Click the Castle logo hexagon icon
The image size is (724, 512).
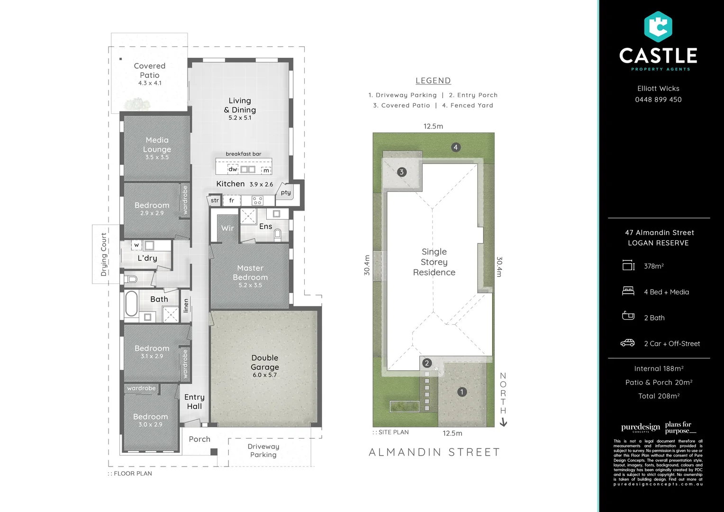click(658, 27)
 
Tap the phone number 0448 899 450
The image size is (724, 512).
click(658, 100)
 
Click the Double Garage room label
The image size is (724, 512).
click(265, 363)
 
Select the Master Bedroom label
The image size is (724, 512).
click(250, 273)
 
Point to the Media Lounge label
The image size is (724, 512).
click(157, 145)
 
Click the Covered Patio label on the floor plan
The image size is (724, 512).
click(150, 71)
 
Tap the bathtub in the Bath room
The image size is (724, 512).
click(131, 303)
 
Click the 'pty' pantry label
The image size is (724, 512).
click(286, 192)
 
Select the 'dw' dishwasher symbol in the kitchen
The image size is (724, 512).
click(233, 169)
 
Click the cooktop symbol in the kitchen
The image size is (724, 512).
click(257, 201)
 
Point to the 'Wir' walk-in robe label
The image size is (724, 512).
click(227, 228)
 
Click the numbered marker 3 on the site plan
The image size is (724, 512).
click(402, 172)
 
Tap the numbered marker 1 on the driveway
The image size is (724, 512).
click(462, 392)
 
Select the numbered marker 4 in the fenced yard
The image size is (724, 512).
click(455, 147)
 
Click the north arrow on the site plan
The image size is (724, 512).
click(503, 422)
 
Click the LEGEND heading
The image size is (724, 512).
click(433, 81)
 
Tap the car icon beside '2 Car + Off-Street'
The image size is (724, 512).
click(628, 343)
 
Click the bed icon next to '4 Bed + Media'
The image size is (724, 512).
click(628, 291)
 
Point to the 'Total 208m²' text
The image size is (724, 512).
click(659, 396)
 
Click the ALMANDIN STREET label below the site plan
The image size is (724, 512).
click(434, 452)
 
